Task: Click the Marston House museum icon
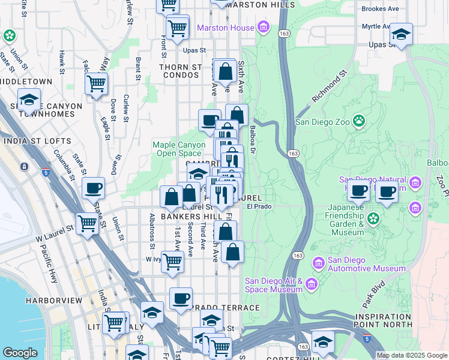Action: [262, 27]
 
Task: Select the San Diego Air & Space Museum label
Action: [273, 285]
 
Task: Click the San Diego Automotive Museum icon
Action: [318, 262]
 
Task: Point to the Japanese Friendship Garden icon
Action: [373, 217]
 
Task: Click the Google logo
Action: [20, 353]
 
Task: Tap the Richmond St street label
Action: [330, 88]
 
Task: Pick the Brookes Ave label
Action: [380, 9]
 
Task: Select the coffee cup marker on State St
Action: [93, 188]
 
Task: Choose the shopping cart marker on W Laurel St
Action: [88, 224]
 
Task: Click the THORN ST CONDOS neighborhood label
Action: [180, 71]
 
